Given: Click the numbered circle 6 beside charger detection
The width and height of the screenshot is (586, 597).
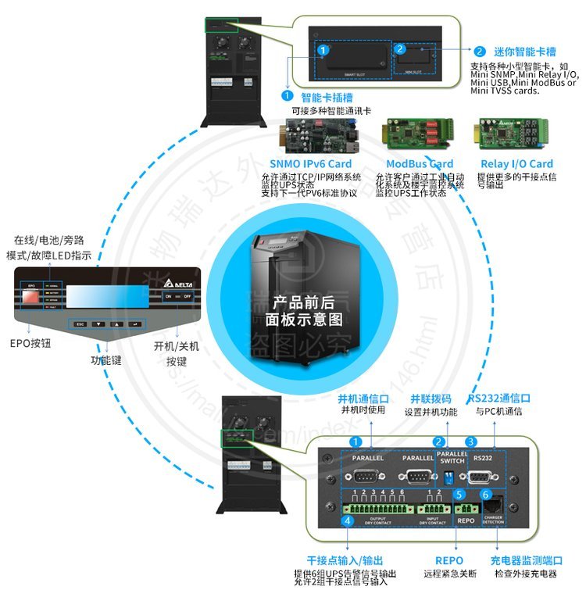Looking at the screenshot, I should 485,495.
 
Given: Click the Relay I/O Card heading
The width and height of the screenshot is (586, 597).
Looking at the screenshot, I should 516,164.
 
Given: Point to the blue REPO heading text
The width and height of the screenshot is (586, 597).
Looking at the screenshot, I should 448,560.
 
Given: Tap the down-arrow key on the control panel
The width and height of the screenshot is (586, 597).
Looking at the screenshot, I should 98,323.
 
